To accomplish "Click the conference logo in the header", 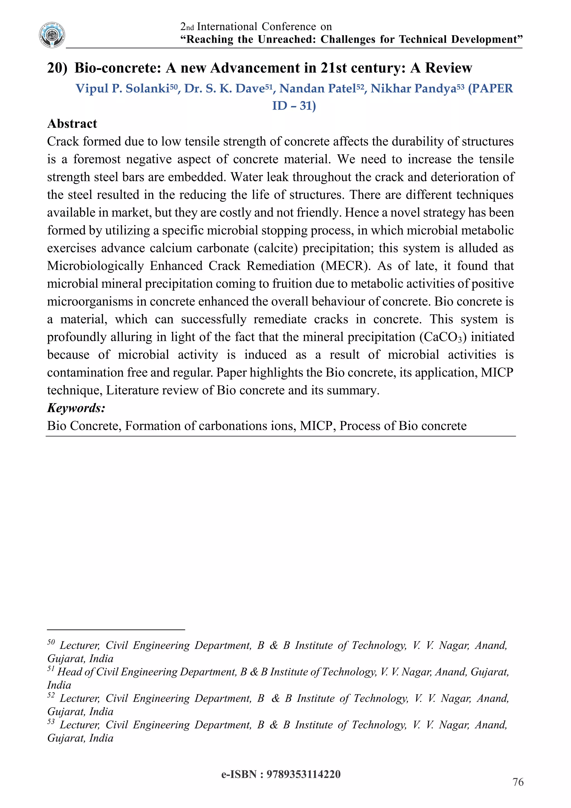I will point(52,35).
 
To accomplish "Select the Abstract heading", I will point(72,124).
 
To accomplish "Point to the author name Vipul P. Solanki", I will point(122,88).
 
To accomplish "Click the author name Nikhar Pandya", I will point(413,88).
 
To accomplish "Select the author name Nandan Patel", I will point(317,88).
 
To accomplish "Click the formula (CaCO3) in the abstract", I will point(443,337).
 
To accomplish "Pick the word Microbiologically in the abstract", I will point(95,266).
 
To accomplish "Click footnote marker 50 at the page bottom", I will point(51,642).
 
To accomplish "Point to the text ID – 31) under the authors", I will point(294,105).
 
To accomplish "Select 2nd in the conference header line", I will point(187,27).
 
